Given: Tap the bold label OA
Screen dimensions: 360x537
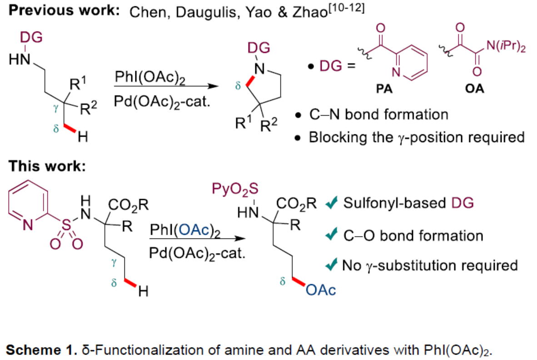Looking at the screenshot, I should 475,89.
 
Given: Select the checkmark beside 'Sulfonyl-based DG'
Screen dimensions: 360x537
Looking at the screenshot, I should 332,204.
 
